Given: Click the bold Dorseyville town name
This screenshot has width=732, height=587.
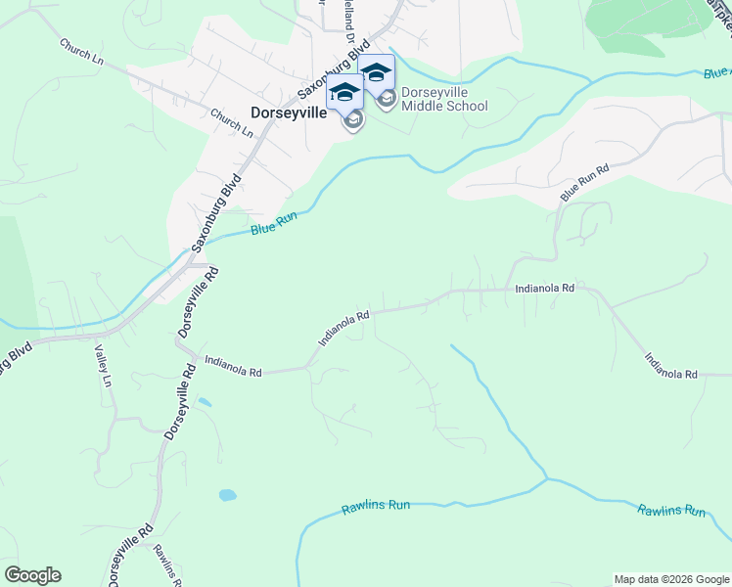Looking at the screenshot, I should coord(289,113).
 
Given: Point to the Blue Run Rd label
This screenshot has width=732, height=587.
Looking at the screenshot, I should coord(584,183).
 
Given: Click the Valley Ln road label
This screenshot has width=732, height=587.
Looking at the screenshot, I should coord(101,364).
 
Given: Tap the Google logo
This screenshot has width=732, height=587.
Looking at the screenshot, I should coord(32,575).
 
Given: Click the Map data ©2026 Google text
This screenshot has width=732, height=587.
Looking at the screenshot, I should coord(671,579).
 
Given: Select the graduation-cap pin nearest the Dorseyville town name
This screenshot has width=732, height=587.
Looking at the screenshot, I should coord(344,93).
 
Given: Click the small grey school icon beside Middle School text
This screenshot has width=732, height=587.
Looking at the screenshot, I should coord(387,100).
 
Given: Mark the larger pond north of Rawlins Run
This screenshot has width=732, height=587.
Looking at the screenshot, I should coord(227,495).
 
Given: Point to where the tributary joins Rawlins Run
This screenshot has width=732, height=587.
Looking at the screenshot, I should coord(546,479).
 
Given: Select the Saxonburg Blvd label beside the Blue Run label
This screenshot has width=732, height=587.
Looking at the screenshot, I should coord(216,211).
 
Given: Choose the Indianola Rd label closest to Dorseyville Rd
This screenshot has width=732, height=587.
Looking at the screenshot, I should coord(233,367).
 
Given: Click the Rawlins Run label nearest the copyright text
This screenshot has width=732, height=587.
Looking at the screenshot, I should coord(671,511).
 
